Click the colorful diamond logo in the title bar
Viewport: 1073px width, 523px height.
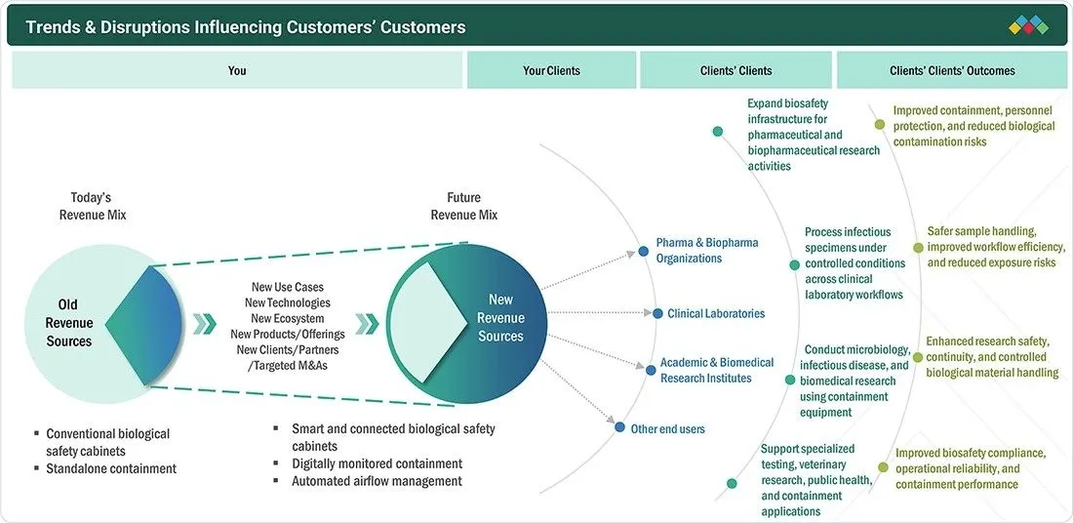tap(1028, 25)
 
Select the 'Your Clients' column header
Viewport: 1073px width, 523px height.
tap(551, 70)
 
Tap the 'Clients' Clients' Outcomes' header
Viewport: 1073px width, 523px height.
tap(953, 70)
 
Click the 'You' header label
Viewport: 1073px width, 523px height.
tap(237, 70)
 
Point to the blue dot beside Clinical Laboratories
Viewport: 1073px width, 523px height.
tap(657, 313)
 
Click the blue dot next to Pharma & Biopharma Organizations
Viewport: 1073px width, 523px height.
tap(643, 251)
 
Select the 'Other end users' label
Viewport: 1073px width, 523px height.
tap(668, 429)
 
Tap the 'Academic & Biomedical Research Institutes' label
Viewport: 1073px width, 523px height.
tap(717, 371)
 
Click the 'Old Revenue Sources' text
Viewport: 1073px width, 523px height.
tap(68, 322)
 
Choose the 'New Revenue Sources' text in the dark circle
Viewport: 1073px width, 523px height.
tap(501, 318)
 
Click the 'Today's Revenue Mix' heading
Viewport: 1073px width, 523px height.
tap(93, 206)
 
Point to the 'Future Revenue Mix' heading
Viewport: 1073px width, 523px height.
tap(464, 206)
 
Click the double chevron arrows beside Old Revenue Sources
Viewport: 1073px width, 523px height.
tap(204, 324)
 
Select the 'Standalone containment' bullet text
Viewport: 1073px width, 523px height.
tap(111, 469)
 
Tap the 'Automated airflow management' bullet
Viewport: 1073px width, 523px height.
tap(377, 481)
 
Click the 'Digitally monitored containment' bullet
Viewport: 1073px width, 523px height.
tap(378, 463)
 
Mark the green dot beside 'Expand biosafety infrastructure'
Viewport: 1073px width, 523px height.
tap(717, 132)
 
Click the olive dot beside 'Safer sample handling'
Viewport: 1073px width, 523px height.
tap(918, 248)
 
